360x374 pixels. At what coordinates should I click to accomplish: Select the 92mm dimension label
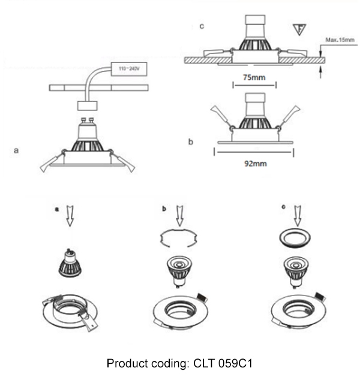click(254, 164)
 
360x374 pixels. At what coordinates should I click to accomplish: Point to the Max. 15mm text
click(340, 40)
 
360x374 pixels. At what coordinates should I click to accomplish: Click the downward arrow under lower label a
click(69, 216)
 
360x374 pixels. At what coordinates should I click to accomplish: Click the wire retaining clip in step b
click(178, 239)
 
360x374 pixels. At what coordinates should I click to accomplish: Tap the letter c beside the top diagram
click(202, 26)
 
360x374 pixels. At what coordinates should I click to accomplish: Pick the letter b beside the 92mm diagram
click(190, 142)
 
